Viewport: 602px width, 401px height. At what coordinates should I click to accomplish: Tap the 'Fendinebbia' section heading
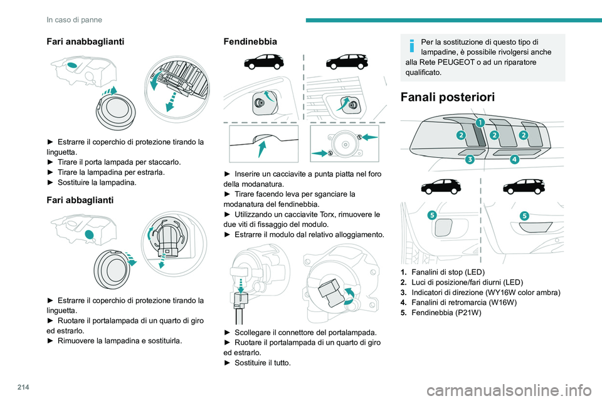click(x=250, y=41)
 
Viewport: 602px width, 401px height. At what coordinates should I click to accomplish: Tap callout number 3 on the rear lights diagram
click(x=470, y=160)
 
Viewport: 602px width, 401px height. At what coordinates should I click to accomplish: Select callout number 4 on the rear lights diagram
click(x=514, y=159)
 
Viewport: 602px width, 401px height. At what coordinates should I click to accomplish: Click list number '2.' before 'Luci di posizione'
click(x=403, y=282)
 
